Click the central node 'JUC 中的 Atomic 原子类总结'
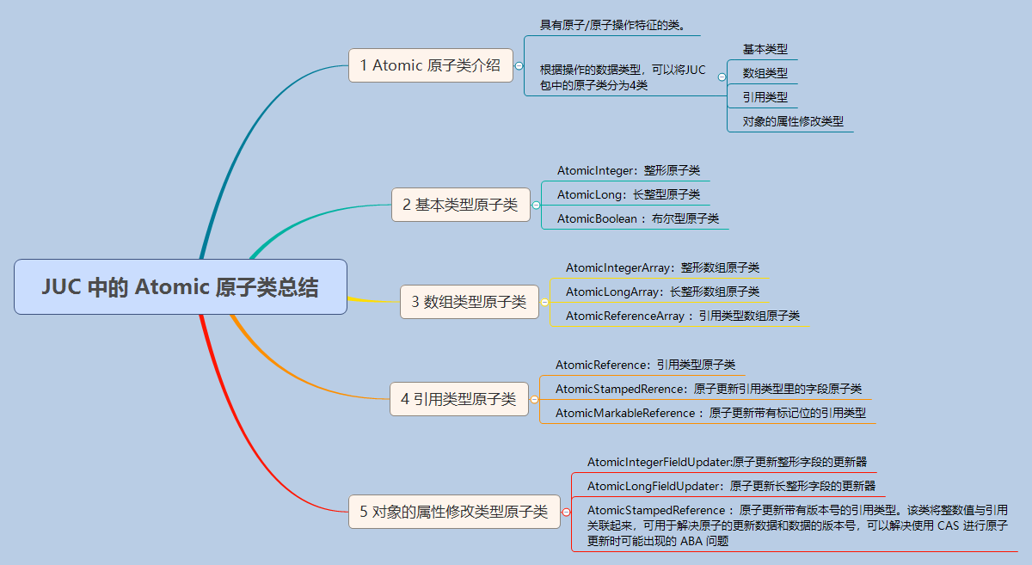[181, 286]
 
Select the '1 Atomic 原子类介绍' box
[431, 65]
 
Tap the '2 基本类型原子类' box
[461, 205]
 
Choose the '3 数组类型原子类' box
[470, 302]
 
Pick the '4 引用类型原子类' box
[459, 399]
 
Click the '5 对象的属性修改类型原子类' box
[454, 512]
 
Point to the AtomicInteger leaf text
[629, 170]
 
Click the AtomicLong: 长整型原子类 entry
[629, 194]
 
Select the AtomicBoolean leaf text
[638, 218]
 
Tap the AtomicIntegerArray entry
[662, 267]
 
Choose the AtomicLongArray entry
[662, 292]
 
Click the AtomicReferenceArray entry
[683, 316]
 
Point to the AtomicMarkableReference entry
[711, 413]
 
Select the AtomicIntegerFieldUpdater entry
[727, 462]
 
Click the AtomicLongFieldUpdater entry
[731, 486]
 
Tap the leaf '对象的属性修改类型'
[793, 121]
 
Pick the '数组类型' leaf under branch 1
[765, 73]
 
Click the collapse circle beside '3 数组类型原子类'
[544, 303]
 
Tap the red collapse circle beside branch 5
[566, 512]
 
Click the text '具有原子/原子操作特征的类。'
[612, 25]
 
